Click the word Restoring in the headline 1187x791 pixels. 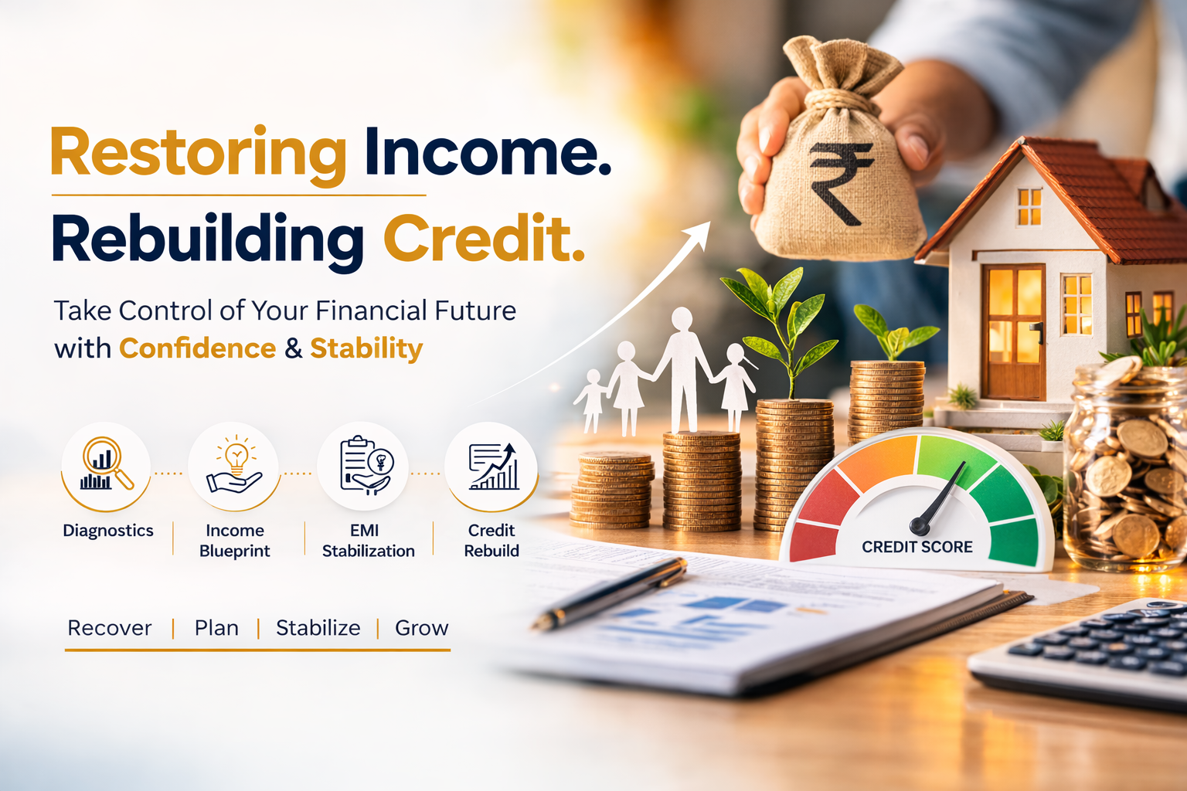pyautogui.click(x=199, y=154)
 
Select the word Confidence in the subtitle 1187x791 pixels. pyautogui.click(x=197, y=348)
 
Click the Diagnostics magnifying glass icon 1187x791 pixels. pyautogui.click(x=106, y=465)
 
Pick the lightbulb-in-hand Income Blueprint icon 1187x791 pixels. pyautogui.click(x=234, y=465)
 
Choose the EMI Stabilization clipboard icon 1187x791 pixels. pyautogui.click(x=365, y=465)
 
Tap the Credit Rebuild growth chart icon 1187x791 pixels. pyautogui.click(x=492, y=467)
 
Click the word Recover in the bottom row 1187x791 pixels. pyautogui.click(x=110, y=628)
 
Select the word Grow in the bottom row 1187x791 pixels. pyautogui.click(x=421, y=628)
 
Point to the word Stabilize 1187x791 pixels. pyautogui.click(x=318, y=628)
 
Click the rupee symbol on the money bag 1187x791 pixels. pyautogui.click(x=840, y=183)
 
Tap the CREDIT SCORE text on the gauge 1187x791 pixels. pyautogui.click(x=917, y=547)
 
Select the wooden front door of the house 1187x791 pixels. pyautogui.click(x=1013, y=331)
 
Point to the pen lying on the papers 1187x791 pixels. pyautogui.click(x=611, y=594)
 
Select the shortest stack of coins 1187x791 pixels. pyautogui.click(x=612, y=491)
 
